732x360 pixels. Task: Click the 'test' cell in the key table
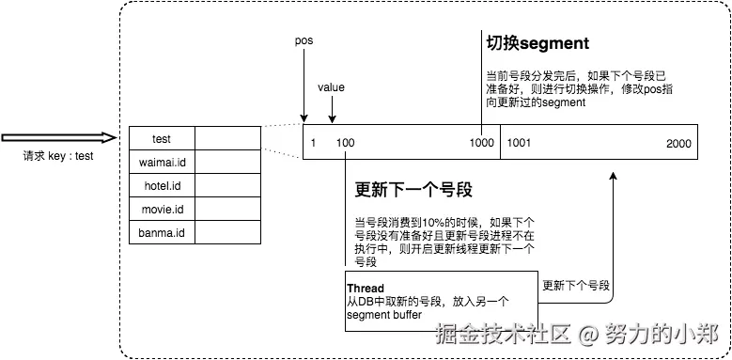click(x=161, y=139)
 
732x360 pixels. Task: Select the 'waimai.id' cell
click(x=161, y=163)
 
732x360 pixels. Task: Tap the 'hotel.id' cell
click(x=161, y=186)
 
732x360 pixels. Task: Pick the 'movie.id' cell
click(x=161, y=209)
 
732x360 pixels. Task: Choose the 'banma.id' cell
click(x=161, y=232)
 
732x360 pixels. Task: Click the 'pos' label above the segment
click(x=304, y=41)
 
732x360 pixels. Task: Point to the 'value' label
click(x=331, y=87)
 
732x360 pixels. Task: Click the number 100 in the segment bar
click(x=345, y=143)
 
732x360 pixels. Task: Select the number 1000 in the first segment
click(x=482, y=143)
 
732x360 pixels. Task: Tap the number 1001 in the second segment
click(x=519, y=143)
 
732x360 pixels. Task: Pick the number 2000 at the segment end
click(x=678, y=143)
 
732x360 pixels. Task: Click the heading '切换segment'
click(x=537, y=43)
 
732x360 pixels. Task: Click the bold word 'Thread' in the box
click(x=366, y=288)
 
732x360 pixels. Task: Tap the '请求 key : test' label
click(x=58, y=157)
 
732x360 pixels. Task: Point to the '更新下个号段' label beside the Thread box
click(x=576, y=285)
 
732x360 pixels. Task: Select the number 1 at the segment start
click(x=313, y=143)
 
